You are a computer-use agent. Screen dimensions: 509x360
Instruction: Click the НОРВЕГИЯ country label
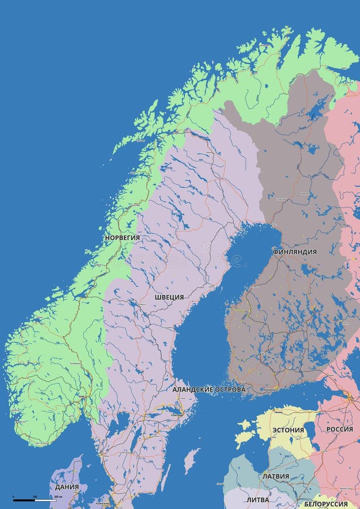[x=122, y=238]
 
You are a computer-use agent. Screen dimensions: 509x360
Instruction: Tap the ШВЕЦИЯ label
[x=169, y=297]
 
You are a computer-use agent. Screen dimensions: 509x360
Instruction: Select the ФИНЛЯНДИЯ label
[x=294, y=252]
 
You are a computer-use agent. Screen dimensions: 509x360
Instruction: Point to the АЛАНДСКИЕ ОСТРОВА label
[x=209, y=390]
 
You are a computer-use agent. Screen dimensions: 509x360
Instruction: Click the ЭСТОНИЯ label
[x=288, y=430]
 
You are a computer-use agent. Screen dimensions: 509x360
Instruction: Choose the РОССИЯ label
[x=340, y=429]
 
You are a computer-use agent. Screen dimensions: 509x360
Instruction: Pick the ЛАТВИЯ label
[x=276, y=476]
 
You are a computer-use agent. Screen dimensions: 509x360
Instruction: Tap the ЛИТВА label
[x=258, y=500]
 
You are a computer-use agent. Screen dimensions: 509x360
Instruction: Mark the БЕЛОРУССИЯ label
[x=326, y=504]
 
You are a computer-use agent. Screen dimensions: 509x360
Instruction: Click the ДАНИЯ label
[x=67, y=486]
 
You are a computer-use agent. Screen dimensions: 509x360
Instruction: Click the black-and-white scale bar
[x=35, y=501]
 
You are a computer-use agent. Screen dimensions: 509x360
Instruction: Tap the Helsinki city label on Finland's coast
[x=269, y=390]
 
